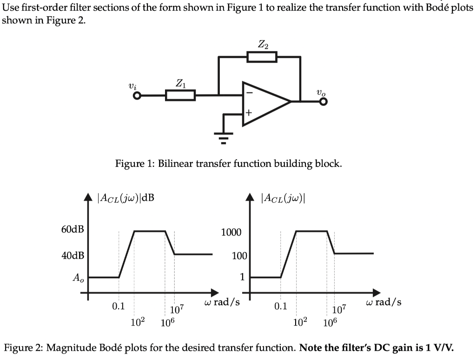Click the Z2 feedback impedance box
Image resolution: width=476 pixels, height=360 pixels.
click(262, 57)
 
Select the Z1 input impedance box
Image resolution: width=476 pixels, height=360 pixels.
click(180, 96)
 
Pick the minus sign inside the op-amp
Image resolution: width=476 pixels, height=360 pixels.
click(249, 93)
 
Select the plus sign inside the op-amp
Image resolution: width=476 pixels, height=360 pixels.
click(249, 113)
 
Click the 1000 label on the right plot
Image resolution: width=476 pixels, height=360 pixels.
click(231, 232)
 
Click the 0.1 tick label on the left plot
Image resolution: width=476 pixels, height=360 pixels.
click(119, 306)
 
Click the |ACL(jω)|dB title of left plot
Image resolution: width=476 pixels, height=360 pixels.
click(126, 198)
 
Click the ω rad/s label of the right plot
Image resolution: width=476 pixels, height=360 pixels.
click(383, 302)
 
